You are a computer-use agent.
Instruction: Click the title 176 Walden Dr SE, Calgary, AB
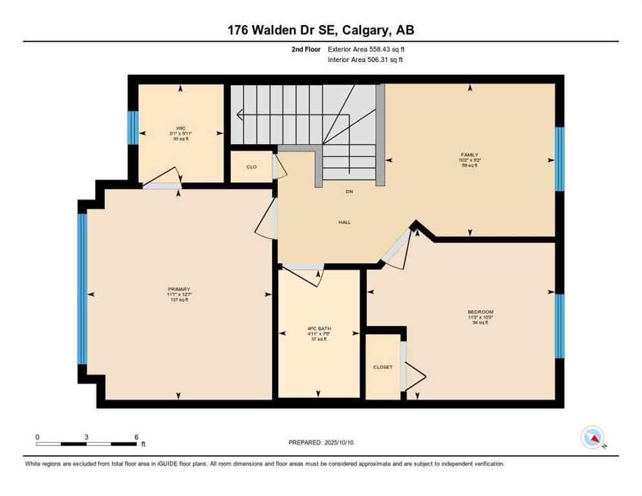coord(321,30)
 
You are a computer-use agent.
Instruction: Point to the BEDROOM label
coord(480,312)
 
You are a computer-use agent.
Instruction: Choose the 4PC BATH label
coord(318,329)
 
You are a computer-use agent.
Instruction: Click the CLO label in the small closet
coord(251,167)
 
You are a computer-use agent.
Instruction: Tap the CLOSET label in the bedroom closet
coord(382,367)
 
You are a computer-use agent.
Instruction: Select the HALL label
coord(344,222)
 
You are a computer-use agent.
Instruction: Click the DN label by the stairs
coord(349,192)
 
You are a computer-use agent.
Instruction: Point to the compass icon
coord(592,437)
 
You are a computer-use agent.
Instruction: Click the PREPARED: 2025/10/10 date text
coord(321,442)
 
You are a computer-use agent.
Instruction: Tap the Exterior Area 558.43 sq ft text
coord(366,49)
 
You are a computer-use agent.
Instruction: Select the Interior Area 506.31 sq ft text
coord(366,60)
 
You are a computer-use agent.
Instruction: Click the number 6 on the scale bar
coord(136,437)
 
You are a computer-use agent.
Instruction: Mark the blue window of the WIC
coord(132,128)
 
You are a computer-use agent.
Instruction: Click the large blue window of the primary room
coord(82,289)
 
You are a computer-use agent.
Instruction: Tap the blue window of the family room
coord(559,159)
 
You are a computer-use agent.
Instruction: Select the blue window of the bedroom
coord(559,326)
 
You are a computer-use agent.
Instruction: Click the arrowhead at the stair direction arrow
coord(239,116)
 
